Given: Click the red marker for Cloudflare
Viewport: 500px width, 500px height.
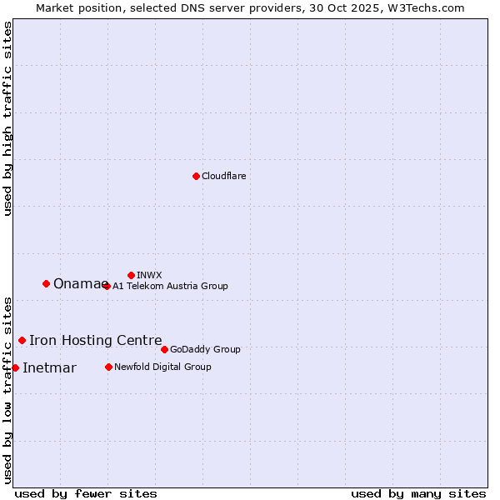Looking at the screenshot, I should pyautogui.click(x=196, y=176).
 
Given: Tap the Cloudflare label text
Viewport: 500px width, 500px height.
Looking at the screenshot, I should pyautogui.click(x=224, y=176).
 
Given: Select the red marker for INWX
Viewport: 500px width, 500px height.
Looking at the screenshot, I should pyautogui.click(x=131, y=275).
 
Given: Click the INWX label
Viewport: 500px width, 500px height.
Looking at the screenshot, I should pyautogui.click(x=149, y=275).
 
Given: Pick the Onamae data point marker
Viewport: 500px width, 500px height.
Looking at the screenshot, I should pyautogui.click(x=46, y=283).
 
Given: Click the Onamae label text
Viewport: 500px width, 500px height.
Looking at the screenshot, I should pyautogui.click(x=80, y=284).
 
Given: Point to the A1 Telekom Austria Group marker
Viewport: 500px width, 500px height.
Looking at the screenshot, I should pyautogui.click(x=107, y=286).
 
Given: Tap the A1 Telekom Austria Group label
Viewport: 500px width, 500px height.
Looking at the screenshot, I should pyautogui.click(x=170, y=286).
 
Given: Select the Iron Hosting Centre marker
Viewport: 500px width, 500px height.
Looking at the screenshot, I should pyautogui.click(x=22, y=340).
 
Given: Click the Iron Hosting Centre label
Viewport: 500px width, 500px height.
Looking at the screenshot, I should pyautogui.click(x=95, y=340).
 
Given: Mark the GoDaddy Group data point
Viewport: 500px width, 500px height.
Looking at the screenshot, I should pyautogui.click(x=164, y=349).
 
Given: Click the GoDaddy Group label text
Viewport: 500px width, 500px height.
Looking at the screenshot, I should pyautogui.click(x=205, y=349).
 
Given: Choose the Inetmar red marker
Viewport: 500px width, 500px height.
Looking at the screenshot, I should pyautogui.click(x=15, y=367).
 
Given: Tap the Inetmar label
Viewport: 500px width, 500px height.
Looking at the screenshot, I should pyautogui.click(x=49, y=368).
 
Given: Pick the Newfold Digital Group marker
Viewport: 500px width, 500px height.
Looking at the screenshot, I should pyautogui.click(x=108, y=367).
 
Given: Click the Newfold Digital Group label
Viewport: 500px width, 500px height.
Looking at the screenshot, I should pyautogui.click(x=162, y=367).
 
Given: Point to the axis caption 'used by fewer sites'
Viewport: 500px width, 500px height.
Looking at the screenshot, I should pyautogui.click(x=86, y=493).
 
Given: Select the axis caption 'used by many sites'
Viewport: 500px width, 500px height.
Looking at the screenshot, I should pyautogui.click(x=418, y=493).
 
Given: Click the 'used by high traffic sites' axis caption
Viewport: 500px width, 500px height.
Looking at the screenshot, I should pyautogui.click(x=7, y=118).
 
